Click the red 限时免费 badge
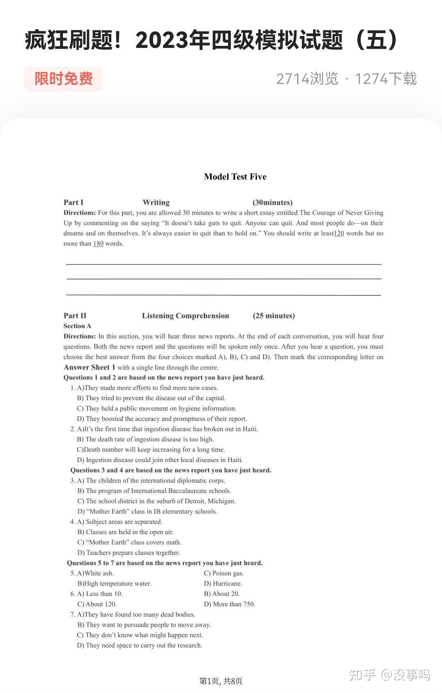pyautogui.click(x=63, y=79)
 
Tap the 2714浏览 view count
pyautogui.click(x=307, y=79)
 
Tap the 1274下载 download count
pyautogui.click(x=386, y=79)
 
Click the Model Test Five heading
pyautogui.click(x=235, y=177)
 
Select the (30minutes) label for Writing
pyautogui.click(x=273, y=202)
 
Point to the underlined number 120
pyautogui.click(x=339, y=233)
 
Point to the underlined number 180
pyautogui.click(x=98, y=244)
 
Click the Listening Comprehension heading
pyautogui.click(x=185, y=316)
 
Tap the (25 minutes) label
pyautogui.click(x=274, y=316)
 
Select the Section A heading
pyautogui.click(x=77, y=326)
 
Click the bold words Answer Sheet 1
pyautogui.click(x=90, y=367)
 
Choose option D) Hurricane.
pyautogui.click(x=223, y=584)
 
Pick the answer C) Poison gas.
pyautogui.click(x=224, y=573)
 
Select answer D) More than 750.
pyautogui.click(x=230, y=604)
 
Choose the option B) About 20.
pyautogui.click(x=222, y=594)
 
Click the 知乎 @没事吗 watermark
pyautogui.click(x=390, y=675)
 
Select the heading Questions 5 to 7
pyautogui.click(x=165, y=563)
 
